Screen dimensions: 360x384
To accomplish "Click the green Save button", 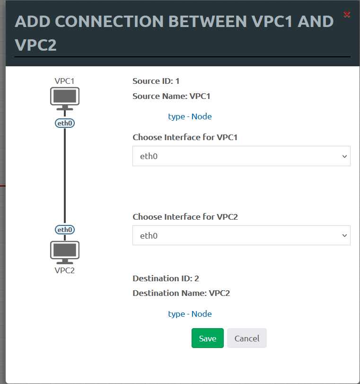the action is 208,338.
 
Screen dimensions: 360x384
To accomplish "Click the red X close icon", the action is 347,14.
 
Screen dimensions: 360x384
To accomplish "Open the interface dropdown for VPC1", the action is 241,156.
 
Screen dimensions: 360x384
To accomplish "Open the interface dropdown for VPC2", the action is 241,235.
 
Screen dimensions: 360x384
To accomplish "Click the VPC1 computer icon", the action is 65,98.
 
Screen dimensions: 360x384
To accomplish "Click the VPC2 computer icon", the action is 65,252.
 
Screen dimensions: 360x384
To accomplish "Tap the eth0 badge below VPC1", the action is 65,123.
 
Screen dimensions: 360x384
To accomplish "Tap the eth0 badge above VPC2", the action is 65,230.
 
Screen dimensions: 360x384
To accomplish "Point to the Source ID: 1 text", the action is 156,81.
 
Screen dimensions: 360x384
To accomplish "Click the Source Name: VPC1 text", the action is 171,96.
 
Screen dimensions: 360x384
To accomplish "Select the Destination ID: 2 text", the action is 166,278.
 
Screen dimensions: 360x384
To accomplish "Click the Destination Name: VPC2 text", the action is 181,293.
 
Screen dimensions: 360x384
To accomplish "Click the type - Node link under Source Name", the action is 190,116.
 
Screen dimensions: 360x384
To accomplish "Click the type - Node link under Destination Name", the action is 190,314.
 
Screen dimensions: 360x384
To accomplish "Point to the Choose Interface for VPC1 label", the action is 185,137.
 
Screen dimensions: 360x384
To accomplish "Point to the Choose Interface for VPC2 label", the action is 185,217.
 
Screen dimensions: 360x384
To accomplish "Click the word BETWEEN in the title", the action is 208,22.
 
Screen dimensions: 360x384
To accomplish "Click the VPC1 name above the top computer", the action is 64,81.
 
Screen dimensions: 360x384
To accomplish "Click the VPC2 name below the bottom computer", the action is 65,270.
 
